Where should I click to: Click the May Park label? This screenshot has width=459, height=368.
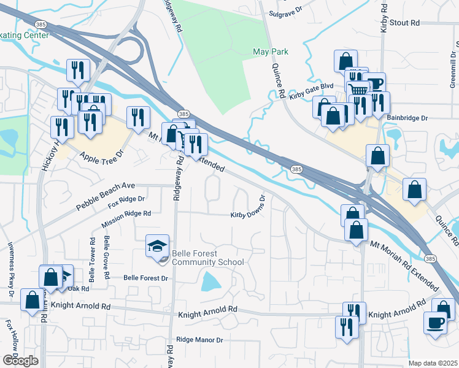pos(271,52)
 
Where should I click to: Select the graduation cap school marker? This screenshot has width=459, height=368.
pos(156,247)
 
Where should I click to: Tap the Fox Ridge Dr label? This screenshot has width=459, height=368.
pos(126,199)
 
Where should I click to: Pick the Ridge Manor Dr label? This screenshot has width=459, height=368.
pos(199,339)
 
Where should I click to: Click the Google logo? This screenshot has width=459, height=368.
pos(20,361)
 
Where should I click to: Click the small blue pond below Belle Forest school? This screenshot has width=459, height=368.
pos(210,282)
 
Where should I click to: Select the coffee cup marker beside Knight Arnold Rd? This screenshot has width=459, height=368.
pos(436,323)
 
